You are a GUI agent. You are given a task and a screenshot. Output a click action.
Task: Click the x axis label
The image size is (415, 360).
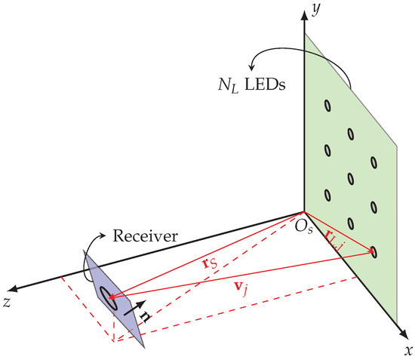[x=407, y=350]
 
